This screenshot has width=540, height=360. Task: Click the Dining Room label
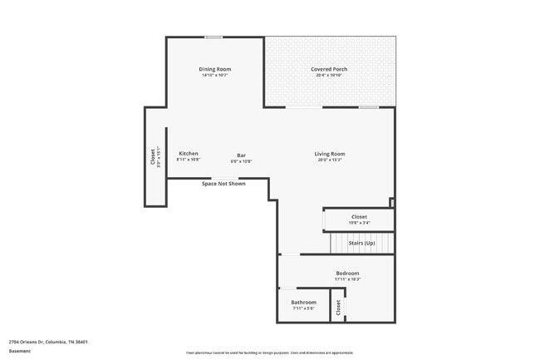pyautogui.click(x=214, y=69)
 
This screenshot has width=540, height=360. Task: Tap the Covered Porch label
pyautogui.click(x=329, y=69)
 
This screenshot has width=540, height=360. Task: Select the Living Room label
pyautogui.click(x=329, y=154)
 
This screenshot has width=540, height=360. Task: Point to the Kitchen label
pyautogui.click(x=189, y=154)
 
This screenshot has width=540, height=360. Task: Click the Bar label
pyautogui.click(x=241, y=155)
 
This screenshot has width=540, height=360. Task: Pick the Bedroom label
pyautogui.click(x=347, y=274)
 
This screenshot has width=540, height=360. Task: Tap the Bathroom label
pyautogui.click(x=303, y=302)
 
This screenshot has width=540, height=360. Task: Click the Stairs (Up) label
pyautogui.click(x=361, y=243)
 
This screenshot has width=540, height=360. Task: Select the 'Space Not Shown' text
pyautogui.click(x=223, y=184)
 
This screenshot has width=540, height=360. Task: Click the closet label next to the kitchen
pyautogui.click(x=153, y=157)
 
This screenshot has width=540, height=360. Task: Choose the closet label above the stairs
pyautogui.click(x=359, y=217)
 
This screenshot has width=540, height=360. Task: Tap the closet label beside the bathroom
pyautogui.click(x=338, y=307)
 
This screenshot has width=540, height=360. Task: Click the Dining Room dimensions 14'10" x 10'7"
pyautogui.click(x=214, y=76)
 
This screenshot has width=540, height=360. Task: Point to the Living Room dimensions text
pyautogui.click(x=329, y=160)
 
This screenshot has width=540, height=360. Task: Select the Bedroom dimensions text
pyautogui.click(x=347, y=279)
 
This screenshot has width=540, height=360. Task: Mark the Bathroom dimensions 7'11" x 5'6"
pyautogui.click(x=303, y=308)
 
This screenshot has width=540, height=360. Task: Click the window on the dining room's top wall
pyautogui.click(x=214, y=37)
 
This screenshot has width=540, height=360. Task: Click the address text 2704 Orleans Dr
pyautogui.click(x=48, y=342)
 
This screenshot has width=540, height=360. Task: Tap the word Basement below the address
pyautogui.click(x=19, y=351)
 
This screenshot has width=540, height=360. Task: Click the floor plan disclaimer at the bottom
pyautogui.click(x=269, y=353)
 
